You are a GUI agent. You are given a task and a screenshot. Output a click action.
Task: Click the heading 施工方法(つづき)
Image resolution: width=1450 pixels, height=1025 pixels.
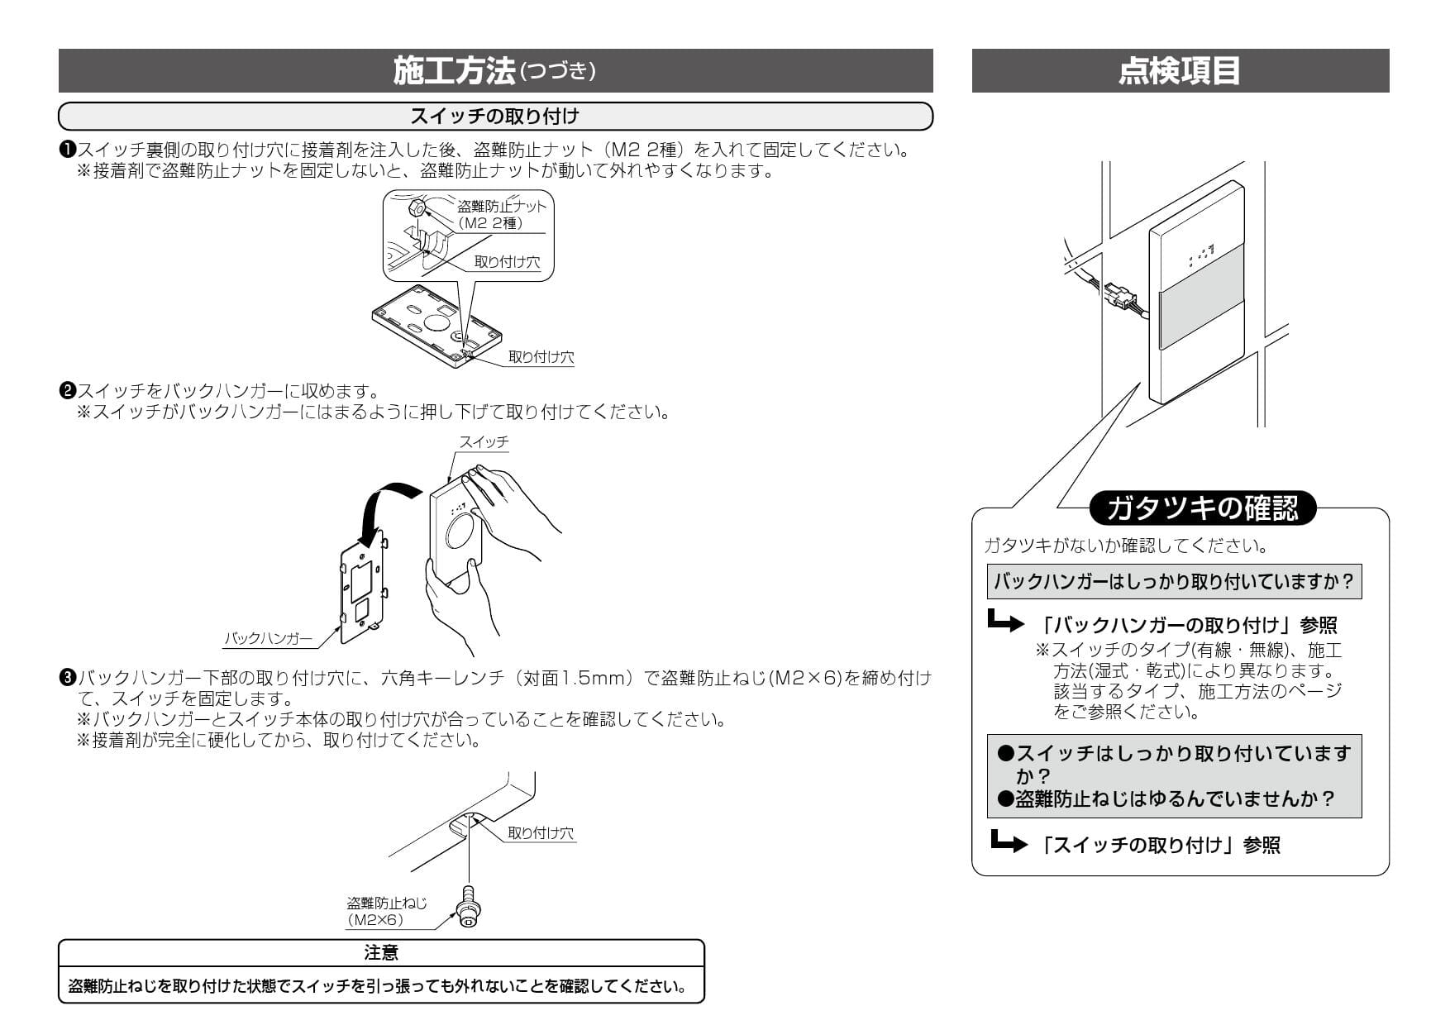pos(494,71)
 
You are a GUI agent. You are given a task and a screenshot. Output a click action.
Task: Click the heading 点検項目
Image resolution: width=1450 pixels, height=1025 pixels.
pos(1179,71)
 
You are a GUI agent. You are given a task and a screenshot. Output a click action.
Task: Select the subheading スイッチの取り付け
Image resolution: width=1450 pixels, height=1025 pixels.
pos(494,117)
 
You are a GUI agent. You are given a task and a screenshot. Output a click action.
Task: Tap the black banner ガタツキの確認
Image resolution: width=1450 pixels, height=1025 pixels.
pos(1202,508)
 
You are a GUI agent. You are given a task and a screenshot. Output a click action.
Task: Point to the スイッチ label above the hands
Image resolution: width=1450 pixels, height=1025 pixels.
pos(484,442)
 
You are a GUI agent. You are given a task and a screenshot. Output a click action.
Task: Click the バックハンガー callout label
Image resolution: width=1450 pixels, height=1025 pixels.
pos(269,638)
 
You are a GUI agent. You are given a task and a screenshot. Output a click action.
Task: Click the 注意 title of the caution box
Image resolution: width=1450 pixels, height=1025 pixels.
pos(381,953)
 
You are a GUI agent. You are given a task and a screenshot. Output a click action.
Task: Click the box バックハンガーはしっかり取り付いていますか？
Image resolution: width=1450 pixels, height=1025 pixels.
pos(1174,582)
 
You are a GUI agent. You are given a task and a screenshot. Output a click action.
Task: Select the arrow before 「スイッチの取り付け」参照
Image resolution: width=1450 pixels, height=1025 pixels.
pos(1009,843)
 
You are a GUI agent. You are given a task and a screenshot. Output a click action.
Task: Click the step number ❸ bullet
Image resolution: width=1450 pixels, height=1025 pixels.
pos(67,678)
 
